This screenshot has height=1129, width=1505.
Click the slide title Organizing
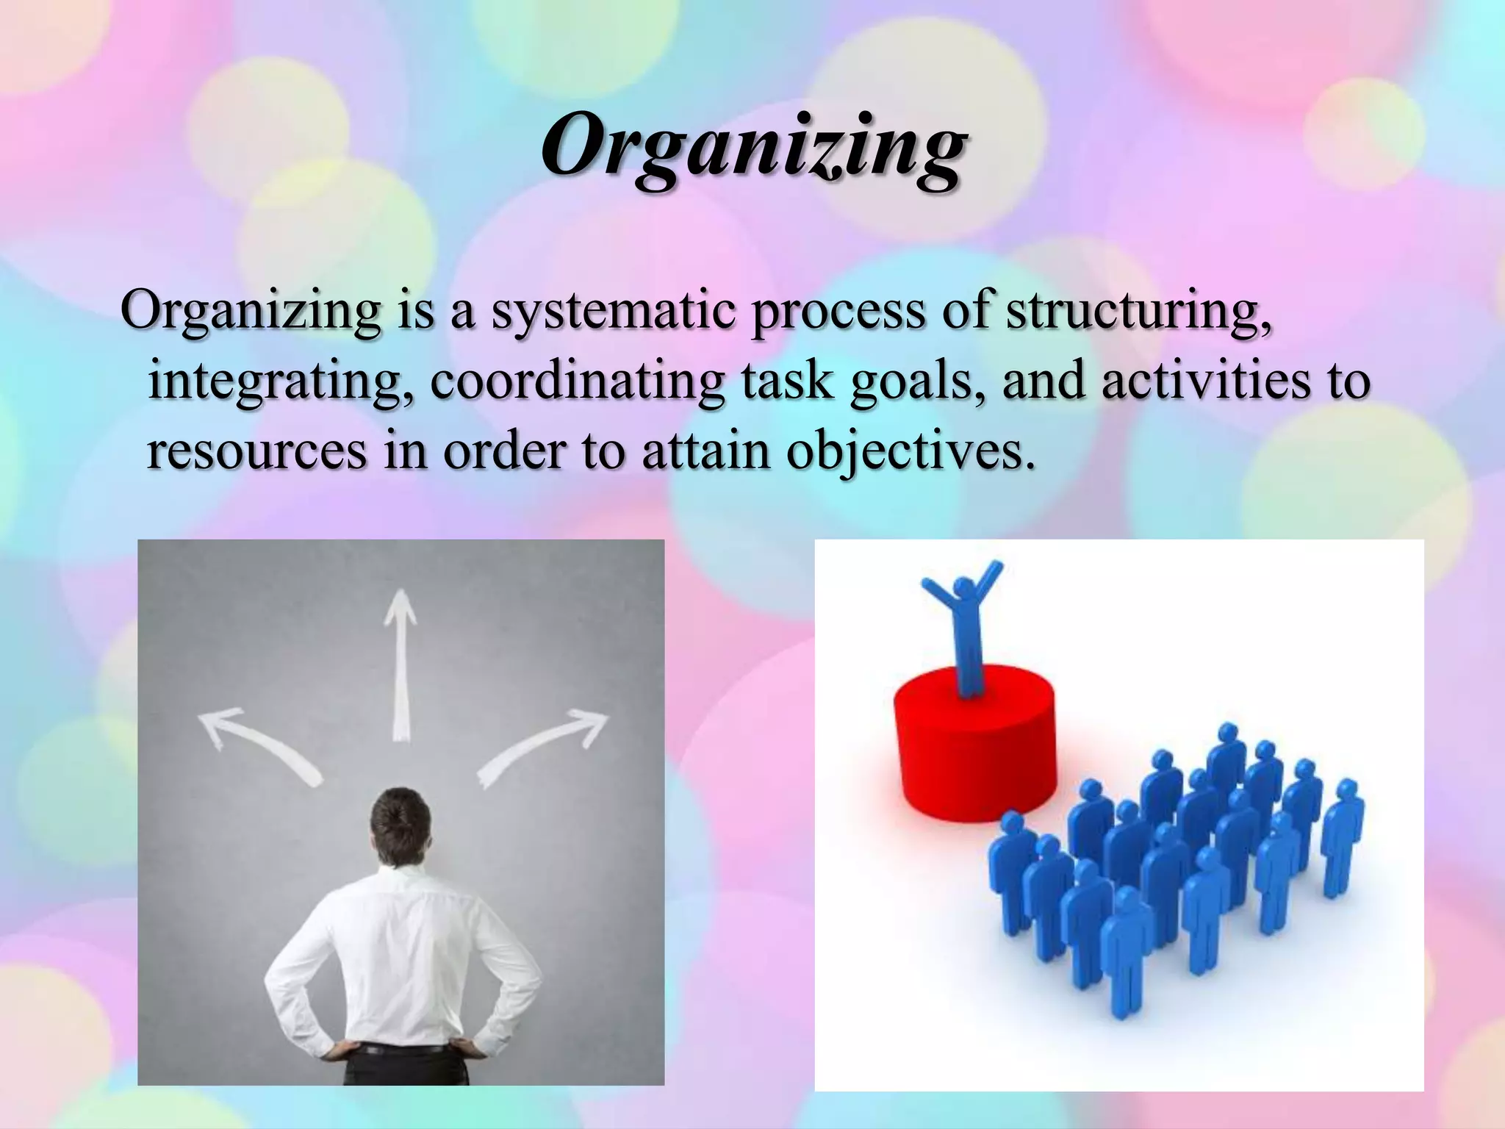tap(752, 147)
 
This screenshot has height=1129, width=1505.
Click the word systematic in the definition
tap(614, 312)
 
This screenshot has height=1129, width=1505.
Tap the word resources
tap(256, 451)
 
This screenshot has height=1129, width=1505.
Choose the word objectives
tap(911, 453)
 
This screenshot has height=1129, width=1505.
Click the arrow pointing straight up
tap(401, 662)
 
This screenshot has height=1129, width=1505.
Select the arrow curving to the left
tap(257, 742)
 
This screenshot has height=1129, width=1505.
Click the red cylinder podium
tap(974, 742)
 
